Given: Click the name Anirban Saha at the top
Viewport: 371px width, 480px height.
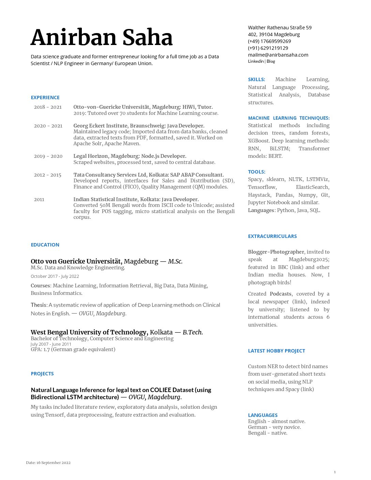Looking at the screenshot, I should [x=102, y=37].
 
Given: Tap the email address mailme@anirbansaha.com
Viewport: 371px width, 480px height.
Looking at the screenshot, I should [x=278, y=55].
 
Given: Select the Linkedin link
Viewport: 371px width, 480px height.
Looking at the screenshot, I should [x=256, y=61].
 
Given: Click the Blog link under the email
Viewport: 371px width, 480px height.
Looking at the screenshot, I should [x=271, y=61].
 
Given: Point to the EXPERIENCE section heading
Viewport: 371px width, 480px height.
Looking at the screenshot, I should [x=45, y=97].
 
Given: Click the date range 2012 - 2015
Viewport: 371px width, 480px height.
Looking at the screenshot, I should [x=47, y=175].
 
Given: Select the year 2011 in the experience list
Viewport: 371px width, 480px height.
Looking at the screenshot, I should [x=39, y=199].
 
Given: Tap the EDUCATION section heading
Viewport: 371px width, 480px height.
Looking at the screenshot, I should [x=45, y=245].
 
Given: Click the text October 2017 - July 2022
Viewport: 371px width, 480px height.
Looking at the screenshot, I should [x=55, y=276].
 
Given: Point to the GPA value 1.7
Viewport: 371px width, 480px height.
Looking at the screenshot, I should [x=47, y=349].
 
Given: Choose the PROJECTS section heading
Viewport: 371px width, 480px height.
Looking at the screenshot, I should [x=42, y=374].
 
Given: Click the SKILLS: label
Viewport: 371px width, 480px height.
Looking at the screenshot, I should [x=256, y=79].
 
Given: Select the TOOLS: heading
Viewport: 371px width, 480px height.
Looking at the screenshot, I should [x=256, y=172].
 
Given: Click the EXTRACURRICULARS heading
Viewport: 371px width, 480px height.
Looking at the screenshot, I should [x=272, y=236].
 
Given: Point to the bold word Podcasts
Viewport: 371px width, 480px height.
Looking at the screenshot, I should [x=281, y=294].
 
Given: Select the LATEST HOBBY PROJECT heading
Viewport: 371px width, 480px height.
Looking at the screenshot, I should [x=277, y=351].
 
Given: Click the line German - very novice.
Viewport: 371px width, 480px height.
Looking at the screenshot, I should [x=274, y=427].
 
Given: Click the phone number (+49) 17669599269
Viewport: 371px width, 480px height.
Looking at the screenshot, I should [x=269, y=41].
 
